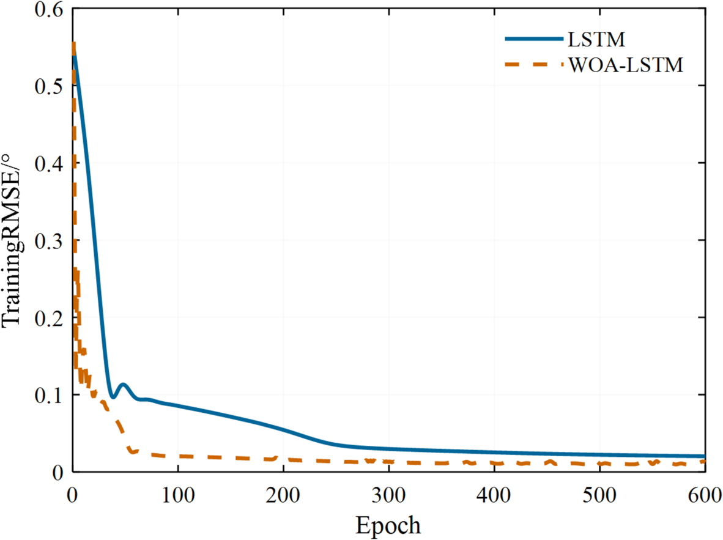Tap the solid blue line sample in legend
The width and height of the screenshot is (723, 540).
pos(533,39)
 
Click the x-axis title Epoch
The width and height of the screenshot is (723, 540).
pos(388,525)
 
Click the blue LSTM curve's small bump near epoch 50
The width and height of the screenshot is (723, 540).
pos(124,385)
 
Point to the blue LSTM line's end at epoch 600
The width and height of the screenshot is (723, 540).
pos(704,456)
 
